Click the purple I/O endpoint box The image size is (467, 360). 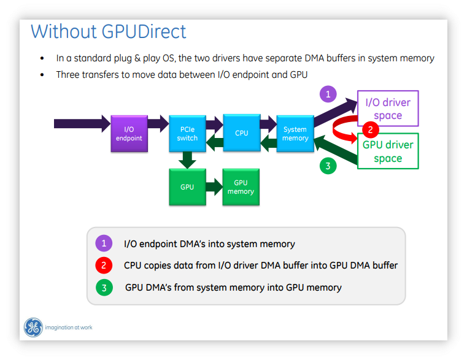click(x=129, y=133)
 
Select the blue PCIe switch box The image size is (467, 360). click(x=187, y=133)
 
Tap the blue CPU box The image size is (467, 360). click(x=242, y=132)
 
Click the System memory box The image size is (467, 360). click(x=295, y=133)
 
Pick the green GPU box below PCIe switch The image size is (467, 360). click(x=187, y=186)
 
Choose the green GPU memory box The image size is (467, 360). click(x=241, y=186)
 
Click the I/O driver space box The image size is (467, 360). click(x=388, y=109)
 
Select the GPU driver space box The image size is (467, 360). click(x=388, y=151)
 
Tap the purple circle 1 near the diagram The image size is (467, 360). click(x=328, y=94)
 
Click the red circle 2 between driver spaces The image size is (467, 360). click(x=369, y=129)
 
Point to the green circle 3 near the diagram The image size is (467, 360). click(x=328, y=166)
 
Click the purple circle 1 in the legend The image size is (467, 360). click(x=104, y=243)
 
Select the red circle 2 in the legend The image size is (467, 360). click(x=104, y=265)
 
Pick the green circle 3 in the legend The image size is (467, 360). click(x=104, y=286)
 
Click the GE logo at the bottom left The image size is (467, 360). click(x=33, y=327)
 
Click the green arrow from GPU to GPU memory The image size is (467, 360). click(x=215, y=186)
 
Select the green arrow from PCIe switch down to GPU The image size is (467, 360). click(x=187, y=159)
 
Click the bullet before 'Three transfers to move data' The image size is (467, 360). click(x=42, y=75)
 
